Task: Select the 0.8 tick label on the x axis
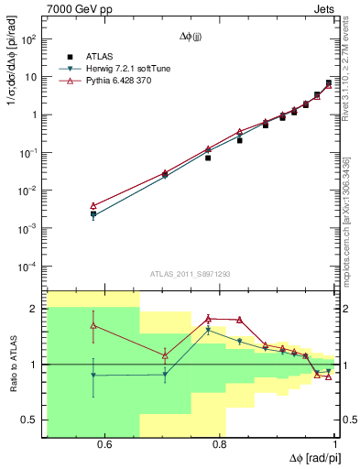[x=220, y=444]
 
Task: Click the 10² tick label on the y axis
[x=28, y=39]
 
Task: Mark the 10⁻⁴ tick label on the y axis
[x=28, y=267]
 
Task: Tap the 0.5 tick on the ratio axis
[x=29, y=420]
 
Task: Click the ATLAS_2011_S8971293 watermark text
[x=191, y=273]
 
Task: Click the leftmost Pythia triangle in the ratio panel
[x=93, y=325]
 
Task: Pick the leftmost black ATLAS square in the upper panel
[x=93, y=213]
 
